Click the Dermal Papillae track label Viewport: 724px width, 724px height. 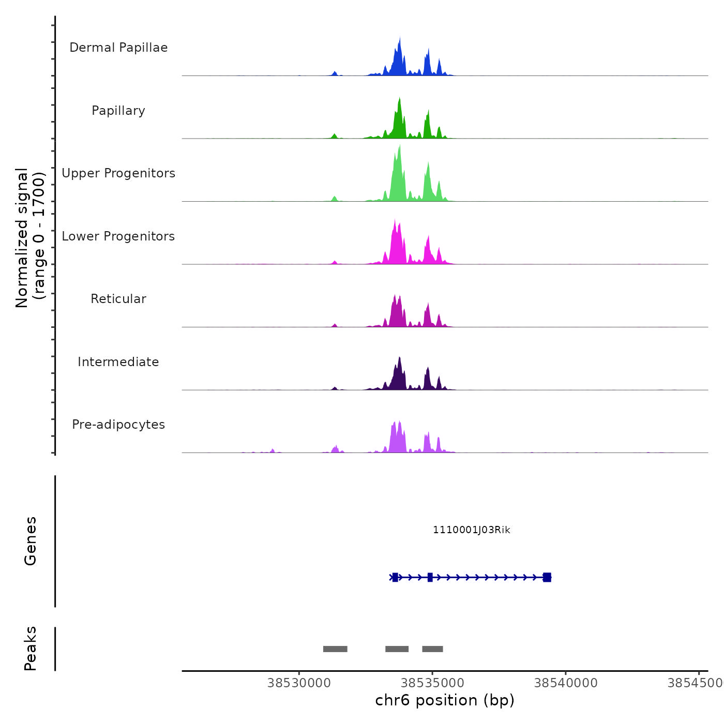click(118, 48)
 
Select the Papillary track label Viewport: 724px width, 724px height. click(118, 111)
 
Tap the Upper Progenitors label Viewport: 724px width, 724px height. click(118, 173)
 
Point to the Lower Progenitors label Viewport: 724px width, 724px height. click(118, 236)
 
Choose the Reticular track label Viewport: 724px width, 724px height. click(118, 299)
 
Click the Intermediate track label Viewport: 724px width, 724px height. click(118, 362)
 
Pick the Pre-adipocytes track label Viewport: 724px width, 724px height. click(118, 425)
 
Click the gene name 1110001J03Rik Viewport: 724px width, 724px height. click(472, 530)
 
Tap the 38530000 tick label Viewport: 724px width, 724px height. click(299, 683)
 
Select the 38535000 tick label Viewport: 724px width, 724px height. click(432, 683)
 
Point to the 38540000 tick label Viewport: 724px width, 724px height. click(566, 683)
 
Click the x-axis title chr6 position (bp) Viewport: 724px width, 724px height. click(445, 701)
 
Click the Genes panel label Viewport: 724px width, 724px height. click(31, 541)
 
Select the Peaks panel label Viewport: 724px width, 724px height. click(31, 648)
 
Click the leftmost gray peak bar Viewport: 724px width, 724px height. click(335, 649)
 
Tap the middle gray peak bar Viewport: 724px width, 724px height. click(397, 649)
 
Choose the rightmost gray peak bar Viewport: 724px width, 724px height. click(432, 649)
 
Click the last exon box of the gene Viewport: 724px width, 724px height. click(547, 578)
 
